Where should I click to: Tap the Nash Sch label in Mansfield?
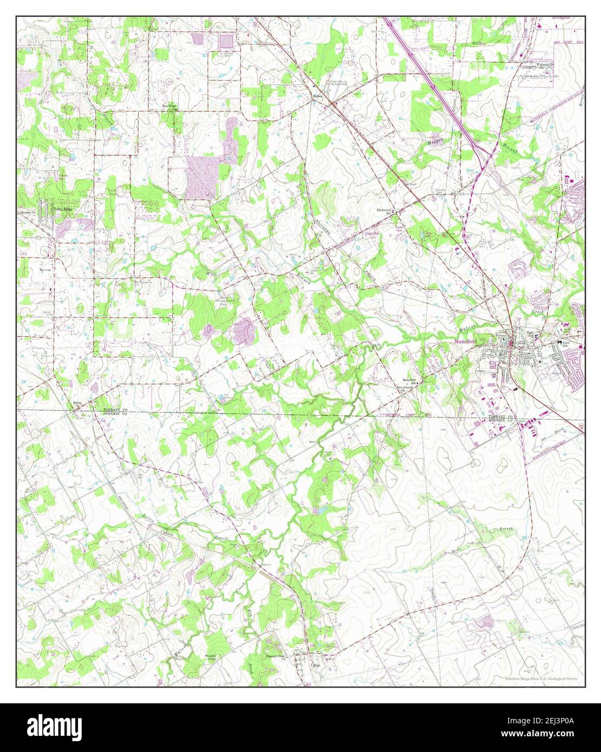coord(566,345)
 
